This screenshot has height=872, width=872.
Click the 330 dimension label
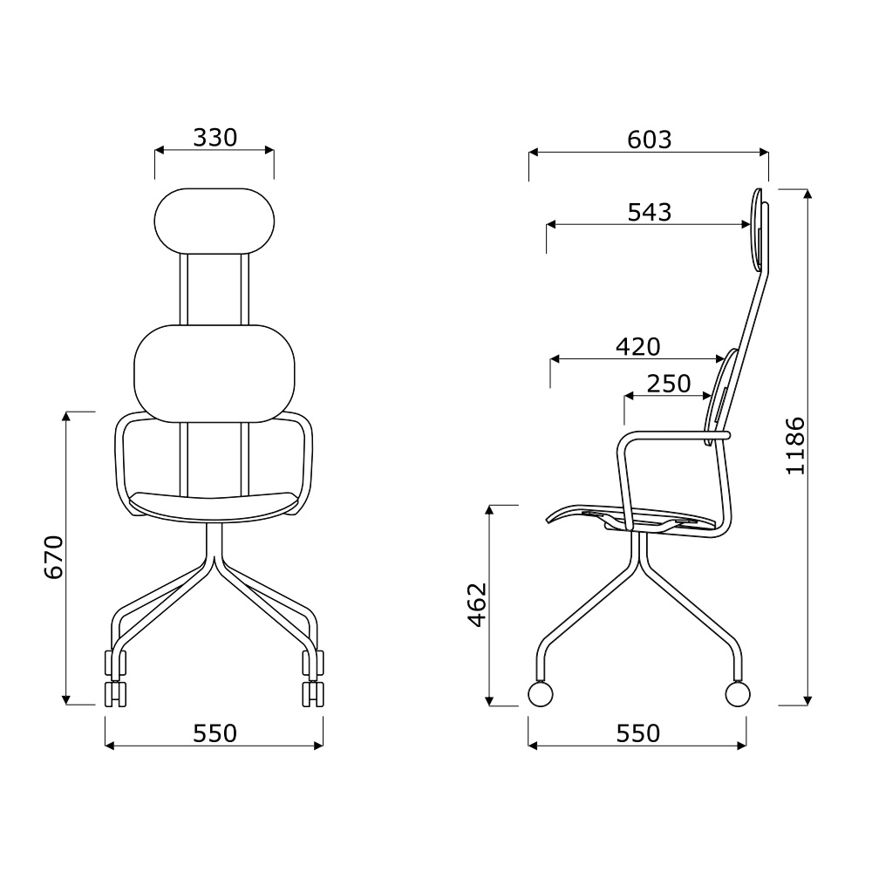pos(215,138)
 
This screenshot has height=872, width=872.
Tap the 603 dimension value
pos(649,140)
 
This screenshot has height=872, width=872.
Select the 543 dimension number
pos(650,212)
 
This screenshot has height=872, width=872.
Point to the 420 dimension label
pos(638,347)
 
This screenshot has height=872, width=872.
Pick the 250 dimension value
pos(669,383)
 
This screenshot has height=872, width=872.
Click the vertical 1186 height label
pos(795,446)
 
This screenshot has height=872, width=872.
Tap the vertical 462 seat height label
pos(477,605)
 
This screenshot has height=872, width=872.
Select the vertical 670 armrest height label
pos(54,557)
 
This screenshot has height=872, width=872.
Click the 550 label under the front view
pos(215,733)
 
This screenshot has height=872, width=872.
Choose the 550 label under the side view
pos(638,733)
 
